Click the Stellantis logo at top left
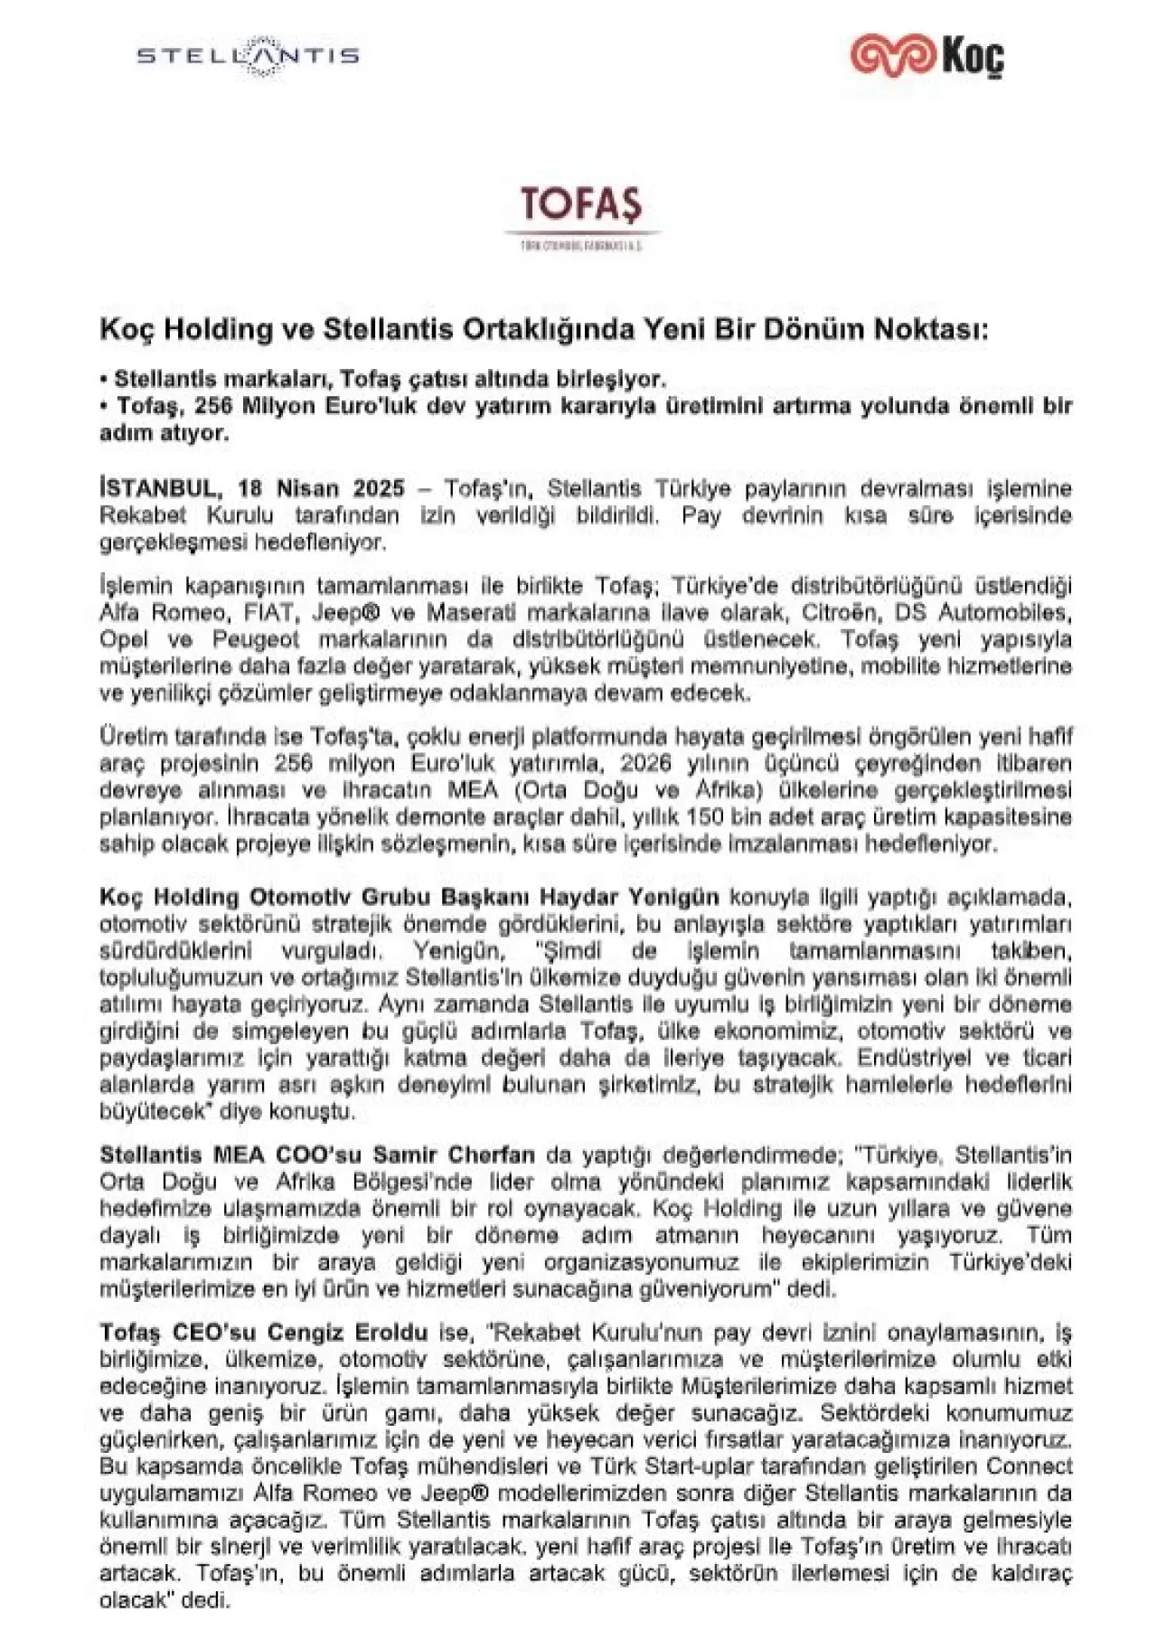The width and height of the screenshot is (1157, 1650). pos(248,56)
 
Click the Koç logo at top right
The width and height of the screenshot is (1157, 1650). pos(927,56)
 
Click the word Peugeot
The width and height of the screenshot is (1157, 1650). pos(255,640)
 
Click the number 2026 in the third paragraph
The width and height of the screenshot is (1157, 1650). pos(646,763)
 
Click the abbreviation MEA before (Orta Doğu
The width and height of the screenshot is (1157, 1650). pos(473,790)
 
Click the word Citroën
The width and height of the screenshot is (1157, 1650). pos(839,613)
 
